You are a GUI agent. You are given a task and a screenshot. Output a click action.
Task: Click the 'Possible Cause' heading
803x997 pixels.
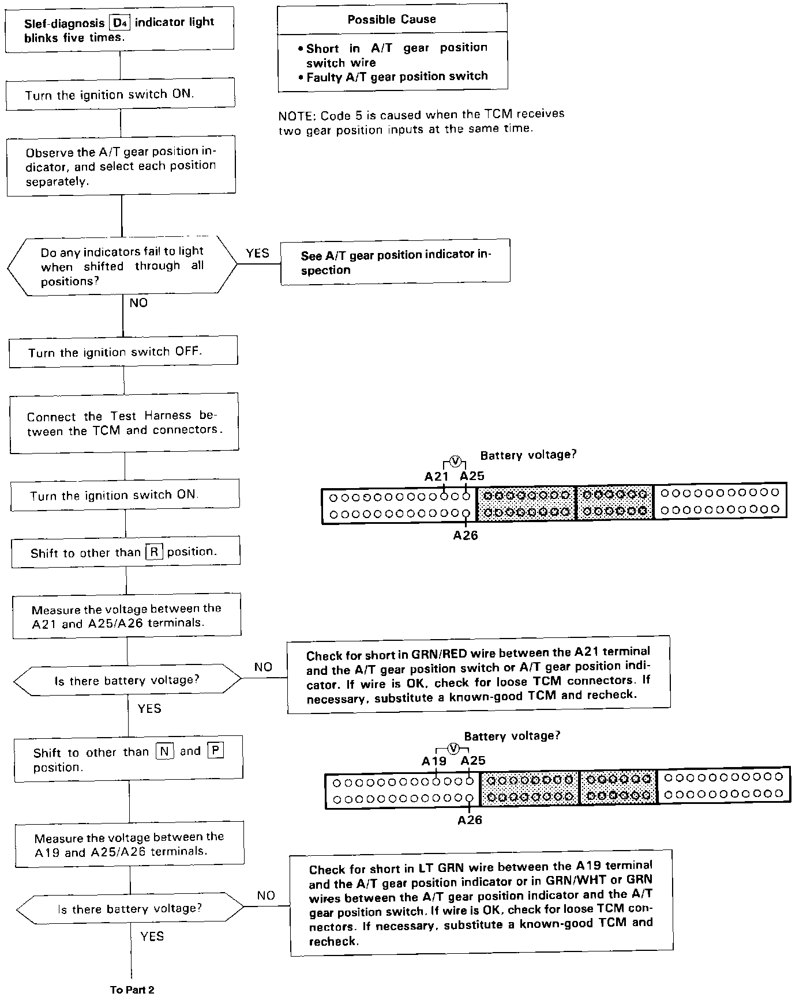point(391,20)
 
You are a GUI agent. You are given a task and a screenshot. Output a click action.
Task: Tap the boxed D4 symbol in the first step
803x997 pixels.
point(120,23)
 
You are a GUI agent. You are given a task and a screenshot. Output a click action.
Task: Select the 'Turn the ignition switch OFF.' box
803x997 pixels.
point(123,351)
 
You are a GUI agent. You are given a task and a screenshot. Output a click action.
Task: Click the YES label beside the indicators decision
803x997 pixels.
point(257,254)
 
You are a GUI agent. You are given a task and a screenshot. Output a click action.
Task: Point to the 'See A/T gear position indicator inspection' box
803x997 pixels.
point(395,262)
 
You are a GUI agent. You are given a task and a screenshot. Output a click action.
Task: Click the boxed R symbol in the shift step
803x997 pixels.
point(154,552)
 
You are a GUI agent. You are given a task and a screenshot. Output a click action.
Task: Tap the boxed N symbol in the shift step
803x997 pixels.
point(164,752)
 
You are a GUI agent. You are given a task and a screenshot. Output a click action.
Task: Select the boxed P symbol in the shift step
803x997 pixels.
point(215,751)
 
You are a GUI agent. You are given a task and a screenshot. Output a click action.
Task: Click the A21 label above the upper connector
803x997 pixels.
point(437,477)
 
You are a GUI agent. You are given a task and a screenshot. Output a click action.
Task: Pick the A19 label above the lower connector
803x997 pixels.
point(434,761)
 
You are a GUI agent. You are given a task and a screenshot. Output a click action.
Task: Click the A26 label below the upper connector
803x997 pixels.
point(465,536)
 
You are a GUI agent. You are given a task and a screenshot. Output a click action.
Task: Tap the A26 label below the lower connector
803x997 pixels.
point(470,820)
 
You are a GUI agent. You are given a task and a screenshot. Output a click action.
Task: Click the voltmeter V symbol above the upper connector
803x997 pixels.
point(455,461)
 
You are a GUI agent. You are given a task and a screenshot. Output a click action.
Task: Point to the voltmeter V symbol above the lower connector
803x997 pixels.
point(453,748)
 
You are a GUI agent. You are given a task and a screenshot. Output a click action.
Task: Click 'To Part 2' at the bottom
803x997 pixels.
point(132,990)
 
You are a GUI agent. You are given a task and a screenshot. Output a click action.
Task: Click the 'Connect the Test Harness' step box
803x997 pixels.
point(124,423)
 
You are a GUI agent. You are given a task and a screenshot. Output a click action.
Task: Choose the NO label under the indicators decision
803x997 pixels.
point(138,303)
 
